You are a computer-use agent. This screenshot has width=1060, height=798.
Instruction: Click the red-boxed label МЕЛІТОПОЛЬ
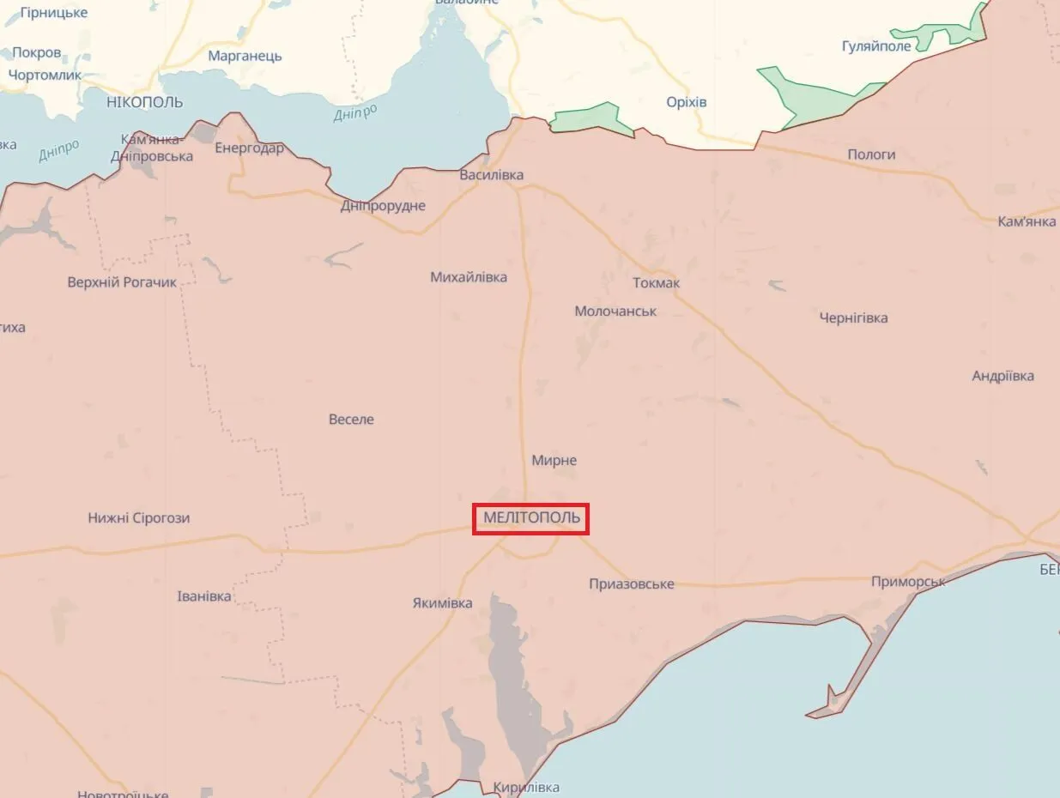531,518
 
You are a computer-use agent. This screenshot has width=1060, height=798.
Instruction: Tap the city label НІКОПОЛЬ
145,102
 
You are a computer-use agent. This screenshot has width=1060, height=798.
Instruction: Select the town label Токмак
656,283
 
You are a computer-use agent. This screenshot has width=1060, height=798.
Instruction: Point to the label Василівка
492,175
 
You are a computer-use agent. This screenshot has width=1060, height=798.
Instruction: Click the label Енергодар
249,148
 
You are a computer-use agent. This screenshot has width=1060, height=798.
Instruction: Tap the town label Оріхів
687,102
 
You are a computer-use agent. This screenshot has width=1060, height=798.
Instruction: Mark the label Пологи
871,154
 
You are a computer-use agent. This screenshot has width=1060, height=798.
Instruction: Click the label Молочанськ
615,311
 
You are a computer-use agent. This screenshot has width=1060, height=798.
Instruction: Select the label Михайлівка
469,277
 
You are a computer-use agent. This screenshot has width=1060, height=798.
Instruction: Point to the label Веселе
351,420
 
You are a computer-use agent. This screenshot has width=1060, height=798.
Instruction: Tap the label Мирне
554,461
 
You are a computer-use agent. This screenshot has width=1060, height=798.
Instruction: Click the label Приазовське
632,584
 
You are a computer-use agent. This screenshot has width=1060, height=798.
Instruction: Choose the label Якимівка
443,603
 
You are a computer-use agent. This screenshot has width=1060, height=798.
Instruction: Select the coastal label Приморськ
908,582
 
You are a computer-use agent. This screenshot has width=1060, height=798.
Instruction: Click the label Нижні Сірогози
139,518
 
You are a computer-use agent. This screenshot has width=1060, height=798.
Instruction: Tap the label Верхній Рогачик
122,282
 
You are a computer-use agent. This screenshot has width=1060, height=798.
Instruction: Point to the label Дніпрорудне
383,206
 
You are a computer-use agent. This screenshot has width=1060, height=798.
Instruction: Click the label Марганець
245,57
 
